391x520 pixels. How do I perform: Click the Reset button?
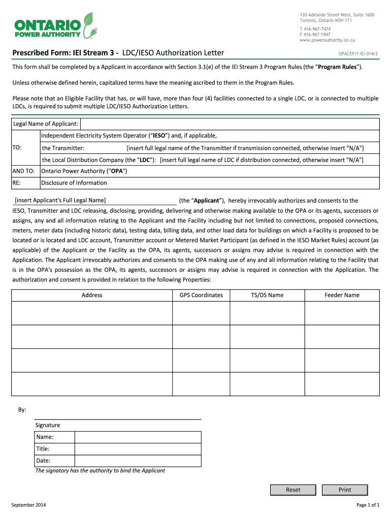[293, 490]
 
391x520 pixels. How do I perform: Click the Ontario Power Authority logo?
[54, 26]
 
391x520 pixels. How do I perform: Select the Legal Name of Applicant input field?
[230, 124]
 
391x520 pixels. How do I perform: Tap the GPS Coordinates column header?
[201, 295]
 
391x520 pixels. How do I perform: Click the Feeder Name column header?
[342, 295]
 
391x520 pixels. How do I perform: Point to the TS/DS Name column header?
[267, 295]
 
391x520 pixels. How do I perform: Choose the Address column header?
[92, 295]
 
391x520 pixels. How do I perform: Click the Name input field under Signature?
[138, 437]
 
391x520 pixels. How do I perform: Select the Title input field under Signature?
[138, 449]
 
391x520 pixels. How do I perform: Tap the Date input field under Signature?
[138, 461]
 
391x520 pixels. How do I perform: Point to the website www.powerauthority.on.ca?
[327, 40]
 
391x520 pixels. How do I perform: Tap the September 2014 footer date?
[29, 505]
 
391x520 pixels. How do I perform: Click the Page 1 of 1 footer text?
[368, 505]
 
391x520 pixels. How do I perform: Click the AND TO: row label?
[23, 171]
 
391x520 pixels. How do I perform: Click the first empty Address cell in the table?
[92, 313]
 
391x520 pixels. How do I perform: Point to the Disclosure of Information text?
[74, 183]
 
